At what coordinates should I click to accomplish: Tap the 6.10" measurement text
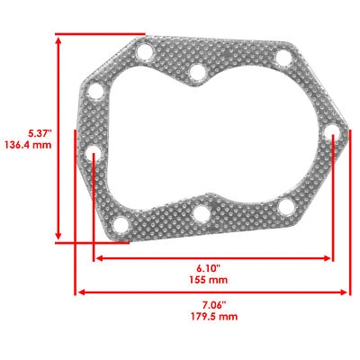pos(212,268)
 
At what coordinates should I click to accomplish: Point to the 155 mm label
pos(212,280)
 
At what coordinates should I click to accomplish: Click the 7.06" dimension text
pos(212,304)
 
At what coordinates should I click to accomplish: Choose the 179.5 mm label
pos(212,317)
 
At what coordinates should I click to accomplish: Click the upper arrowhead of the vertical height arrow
pos(61,41)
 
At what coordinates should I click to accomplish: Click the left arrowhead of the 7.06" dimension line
pos(80,292)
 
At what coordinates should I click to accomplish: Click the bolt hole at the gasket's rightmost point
pos(334,139)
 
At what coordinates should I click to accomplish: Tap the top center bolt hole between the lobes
pos(196,70)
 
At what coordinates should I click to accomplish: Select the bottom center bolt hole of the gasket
pos(201,214)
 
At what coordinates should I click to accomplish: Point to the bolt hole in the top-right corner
pos(283,60)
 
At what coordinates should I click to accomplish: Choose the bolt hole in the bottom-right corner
pos(285,207)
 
